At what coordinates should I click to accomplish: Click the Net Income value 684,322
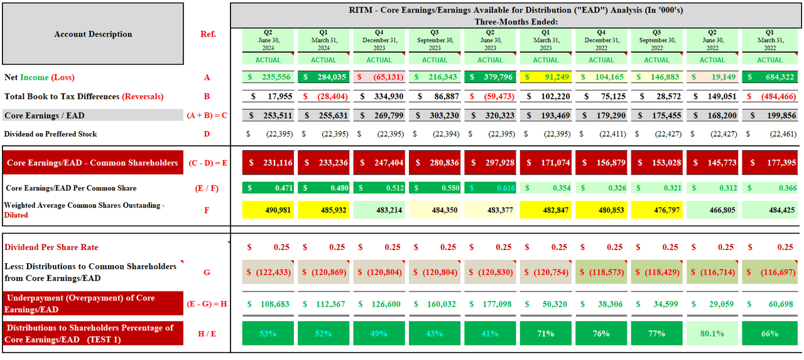point(770,77)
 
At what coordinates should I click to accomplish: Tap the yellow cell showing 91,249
point(546,77)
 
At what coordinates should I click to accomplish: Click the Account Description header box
point(93,34)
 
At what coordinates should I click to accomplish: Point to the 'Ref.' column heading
point(208,34)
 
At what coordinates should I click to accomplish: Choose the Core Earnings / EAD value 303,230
point(435,116)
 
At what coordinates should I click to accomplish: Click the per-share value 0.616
point(490,188)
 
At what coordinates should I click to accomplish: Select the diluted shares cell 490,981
point(268,210)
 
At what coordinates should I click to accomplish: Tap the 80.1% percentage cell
point(712,334)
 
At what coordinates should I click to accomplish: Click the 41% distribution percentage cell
point(490,334)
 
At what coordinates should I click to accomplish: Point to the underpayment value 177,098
point(490,303)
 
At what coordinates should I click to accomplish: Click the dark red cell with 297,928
point(490,163)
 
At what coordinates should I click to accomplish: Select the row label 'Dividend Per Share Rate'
point(52,247)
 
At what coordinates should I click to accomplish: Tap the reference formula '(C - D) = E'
point(208,163)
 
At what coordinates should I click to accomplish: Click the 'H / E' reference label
point(207,334)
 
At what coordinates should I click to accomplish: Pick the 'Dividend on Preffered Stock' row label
point(51,134)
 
